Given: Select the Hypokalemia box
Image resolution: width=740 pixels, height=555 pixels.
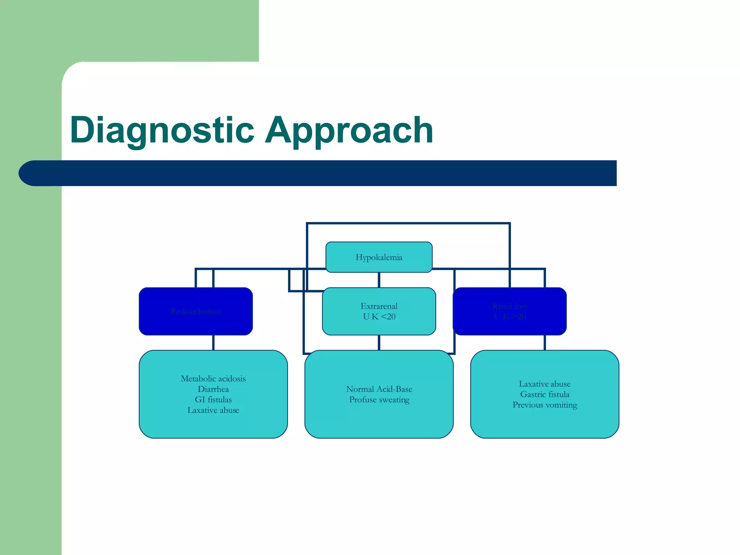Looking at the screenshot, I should (379, 257).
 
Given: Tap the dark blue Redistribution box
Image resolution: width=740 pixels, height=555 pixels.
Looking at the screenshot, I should (195, 311).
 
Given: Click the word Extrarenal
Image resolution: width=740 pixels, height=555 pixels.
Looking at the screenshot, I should (379, 306).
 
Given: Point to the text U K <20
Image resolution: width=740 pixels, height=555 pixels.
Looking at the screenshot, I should (379, 317).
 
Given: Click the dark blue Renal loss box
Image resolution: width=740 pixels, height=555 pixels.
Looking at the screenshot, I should (509, 311).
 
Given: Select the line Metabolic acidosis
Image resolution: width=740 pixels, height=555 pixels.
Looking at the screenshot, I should (213, 379).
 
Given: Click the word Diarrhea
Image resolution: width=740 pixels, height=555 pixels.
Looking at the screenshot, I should (213, 389).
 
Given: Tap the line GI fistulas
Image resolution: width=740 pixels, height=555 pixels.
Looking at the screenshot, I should (213, 400).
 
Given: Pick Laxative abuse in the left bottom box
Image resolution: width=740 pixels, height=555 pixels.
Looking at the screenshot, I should (213, 410).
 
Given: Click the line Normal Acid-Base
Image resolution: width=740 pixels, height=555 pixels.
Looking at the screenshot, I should (379, 389).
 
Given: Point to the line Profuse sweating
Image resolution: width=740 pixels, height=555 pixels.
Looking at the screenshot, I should (379, 400).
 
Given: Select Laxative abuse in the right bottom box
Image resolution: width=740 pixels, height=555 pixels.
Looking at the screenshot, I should (545, 384).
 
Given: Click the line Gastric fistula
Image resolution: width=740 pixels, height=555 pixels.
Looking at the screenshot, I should (545, 394).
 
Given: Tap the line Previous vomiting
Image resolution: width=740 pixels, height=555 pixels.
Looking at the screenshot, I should (545, 405).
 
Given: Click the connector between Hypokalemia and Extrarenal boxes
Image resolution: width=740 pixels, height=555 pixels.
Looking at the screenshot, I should (379, 280).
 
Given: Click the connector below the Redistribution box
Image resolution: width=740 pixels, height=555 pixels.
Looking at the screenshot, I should (213, 343).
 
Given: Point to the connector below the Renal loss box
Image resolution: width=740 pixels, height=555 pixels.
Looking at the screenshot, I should (545, 343).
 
